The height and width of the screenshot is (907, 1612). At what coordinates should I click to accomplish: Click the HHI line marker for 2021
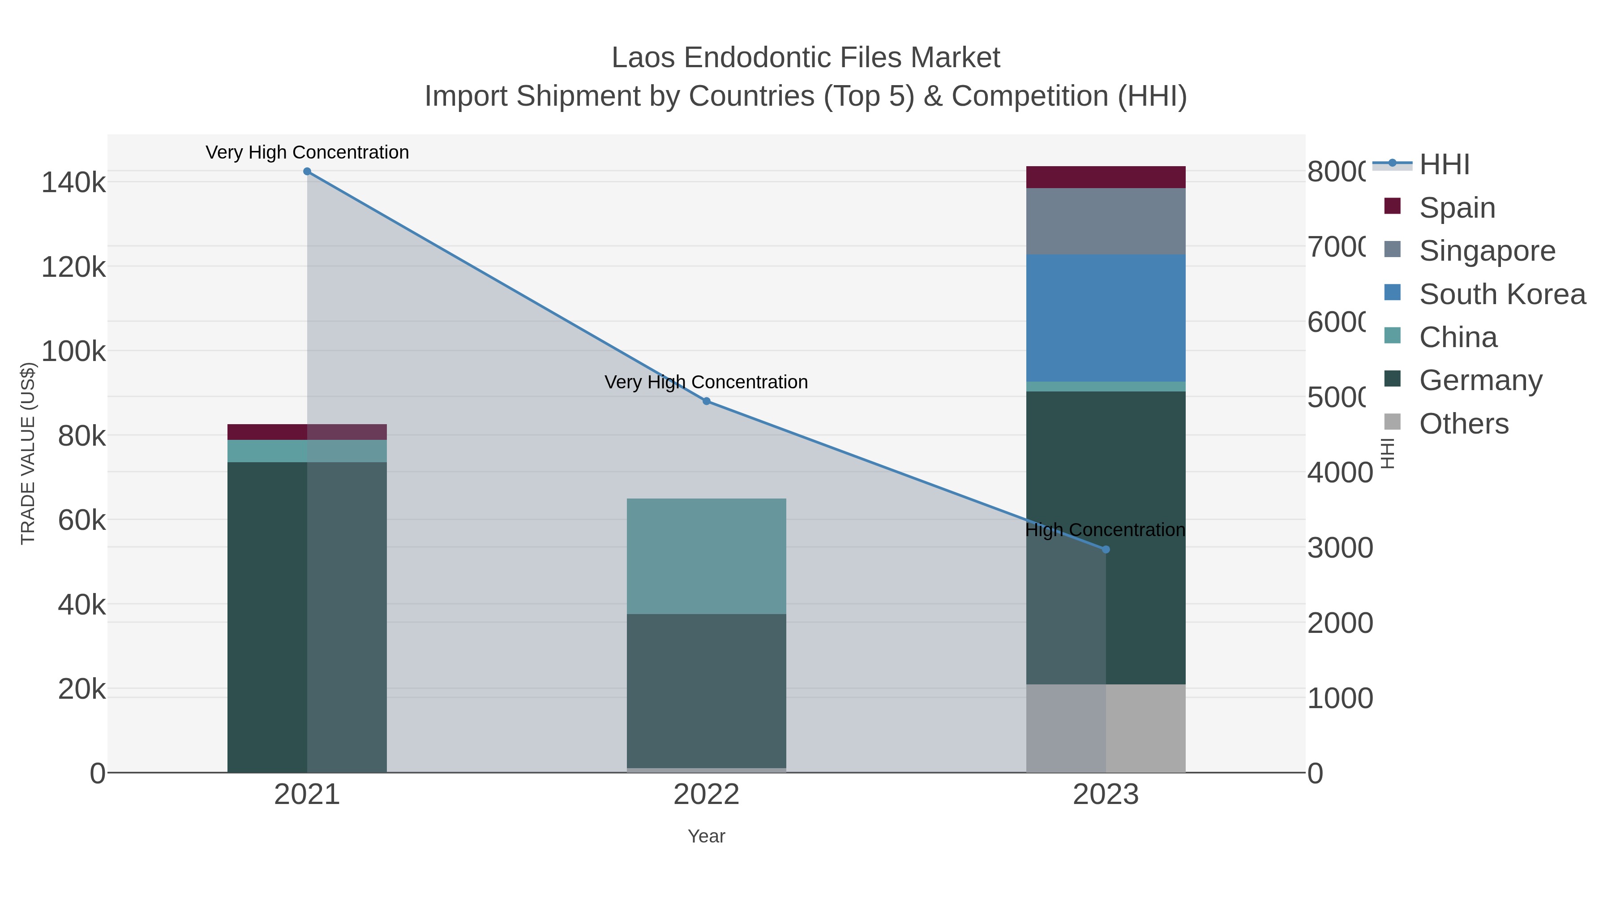coord(307,172)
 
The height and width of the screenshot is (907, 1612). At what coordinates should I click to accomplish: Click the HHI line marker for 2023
coord(1106,550)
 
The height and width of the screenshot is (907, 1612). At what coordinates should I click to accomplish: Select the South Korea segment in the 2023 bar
coord(1106,318)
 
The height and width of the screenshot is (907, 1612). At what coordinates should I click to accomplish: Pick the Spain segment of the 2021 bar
coord(307,432)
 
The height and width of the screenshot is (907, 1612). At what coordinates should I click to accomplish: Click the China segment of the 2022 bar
coord(707,556)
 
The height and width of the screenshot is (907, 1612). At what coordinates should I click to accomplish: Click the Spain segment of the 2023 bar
coord(1106,177)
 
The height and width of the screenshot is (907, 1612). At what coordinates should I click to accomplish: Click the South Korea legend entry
coord(1502,294)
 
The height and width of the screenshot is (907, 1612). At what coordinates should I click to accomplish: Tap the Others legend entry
coord(1464,424)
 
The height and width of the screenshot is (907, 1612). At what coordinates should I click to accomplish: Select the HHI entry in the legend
coord(1444,165)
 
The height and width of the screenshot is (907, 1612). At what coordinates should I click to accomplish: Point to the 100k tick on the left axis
coord(74,352)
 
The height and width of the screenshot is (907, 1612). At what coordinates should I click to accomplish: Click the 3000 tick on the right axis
coord(1340,548)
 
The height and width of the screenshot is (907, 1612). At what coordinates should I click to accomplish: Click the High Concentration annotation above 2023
coord(1105,530)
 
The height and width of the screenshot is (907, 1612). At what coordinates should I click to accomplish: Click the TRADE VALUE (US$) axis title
coord(28,453)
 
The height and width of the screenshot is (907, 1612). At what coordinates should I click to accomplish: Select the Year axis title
coord(707,836)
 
